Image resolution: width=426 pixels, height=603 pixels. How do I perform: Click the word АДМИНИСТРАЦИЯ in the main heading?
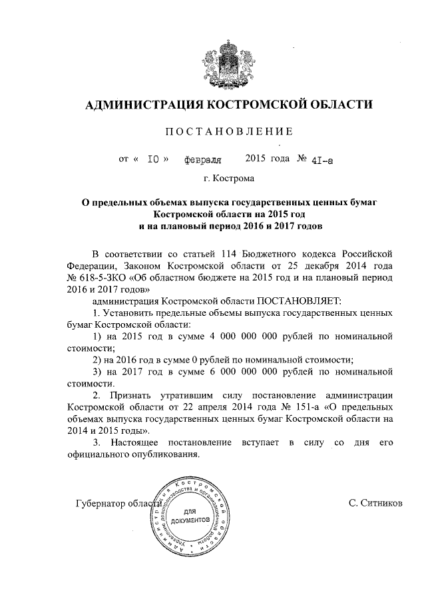pos(140,104)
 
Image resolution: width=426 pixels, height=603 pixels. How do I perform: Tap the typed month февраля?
pos(202,161)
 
